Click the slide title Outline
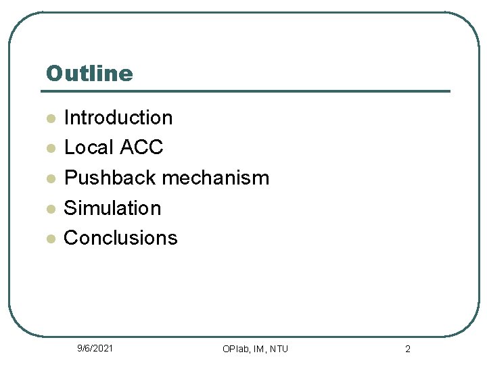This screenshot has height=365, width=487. [x=89, y=73]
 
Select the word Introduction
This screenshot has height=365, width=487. [x=118, y=118]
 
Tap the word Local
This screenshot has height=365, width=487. [x=89, y=147]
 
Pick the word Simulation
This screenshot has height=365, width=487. [x=112, y=208]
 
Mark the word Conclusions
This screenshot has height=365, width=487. [x=120, y=238]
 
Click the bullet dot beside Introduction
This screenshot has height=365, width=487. [x=49, y=119]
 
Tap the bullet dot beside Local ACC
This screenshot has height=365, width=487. [x=49, y=149]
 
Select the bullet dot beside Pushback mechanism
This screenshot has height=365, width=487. [x=49, y=179]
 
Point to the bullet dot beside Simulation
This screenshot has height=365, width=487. [x=49, y=210]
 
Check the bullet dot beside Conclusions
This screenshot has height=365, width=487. [x=49, y=239]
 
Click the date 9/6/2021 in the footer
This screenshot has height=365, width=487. [x=95, y=348]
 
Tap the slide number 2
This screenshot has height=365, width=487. [x=408, y=349]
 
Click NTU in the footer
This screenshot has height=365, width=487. [x=279, y=349]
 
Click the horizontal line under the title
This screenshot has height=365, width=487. [x=247, y=91]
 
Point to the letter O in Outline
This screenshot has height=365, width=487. [x=53, y=73]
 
